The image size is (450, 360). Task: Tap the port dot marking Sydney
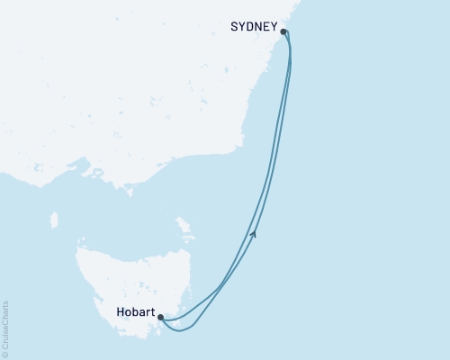click(x=284, y=31)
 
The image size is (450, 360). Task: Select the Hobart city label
click(x=135, y=315)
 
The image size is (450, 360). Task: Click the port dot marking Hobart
click(x=161, y=317)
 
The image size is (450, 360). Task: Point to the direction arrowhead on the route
click(x=255, y=235)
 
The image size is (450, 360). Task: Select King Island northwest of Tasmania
click(x=54, y=220)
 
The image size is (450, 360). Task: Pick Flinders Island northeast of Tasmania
click(x=184, y=222)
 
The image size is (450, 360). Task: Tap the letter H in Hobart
click(x=120, y=315)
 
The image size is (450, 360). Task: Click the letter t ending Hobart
click(x=152, y=315)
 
